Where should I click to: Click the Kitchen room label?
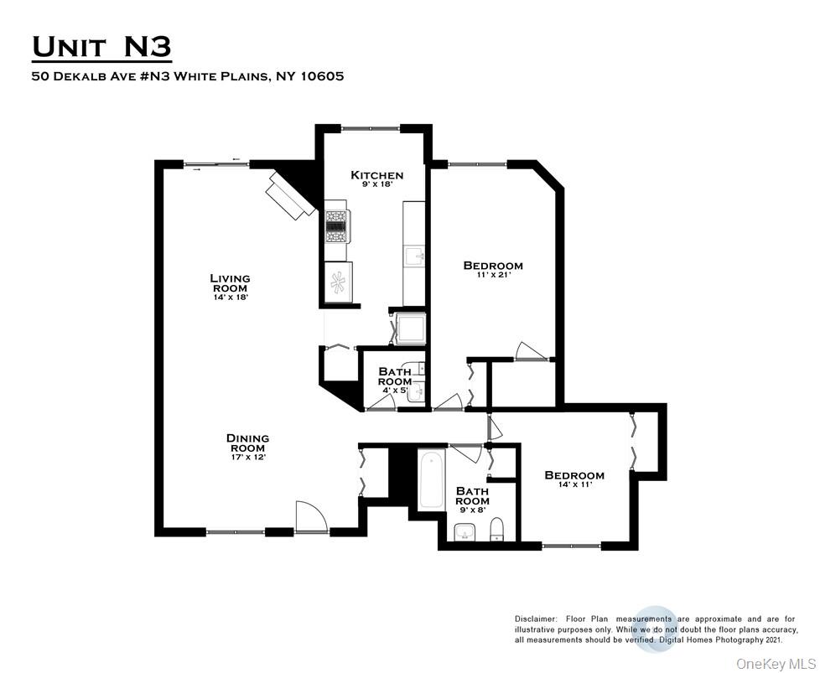[x=376, y=175]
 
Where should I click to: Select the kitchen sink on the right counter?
[x=414, y=255]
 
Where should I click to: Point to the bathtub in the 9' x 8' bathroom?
[x=431, y=479]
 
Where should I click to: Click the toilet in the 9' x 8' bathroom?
[x=496, y=528]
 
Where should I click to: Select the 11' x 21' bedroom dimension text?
[x=493, y=275]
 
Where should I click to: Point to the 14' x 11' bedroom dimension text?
[x=574, y=485]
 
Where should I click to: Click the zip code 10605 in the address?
[x=319, y=76]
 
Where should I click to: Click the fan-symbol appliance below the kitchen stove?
[x=338, y=282]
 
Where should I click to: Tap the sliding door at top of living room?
[x=217, y=165]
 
